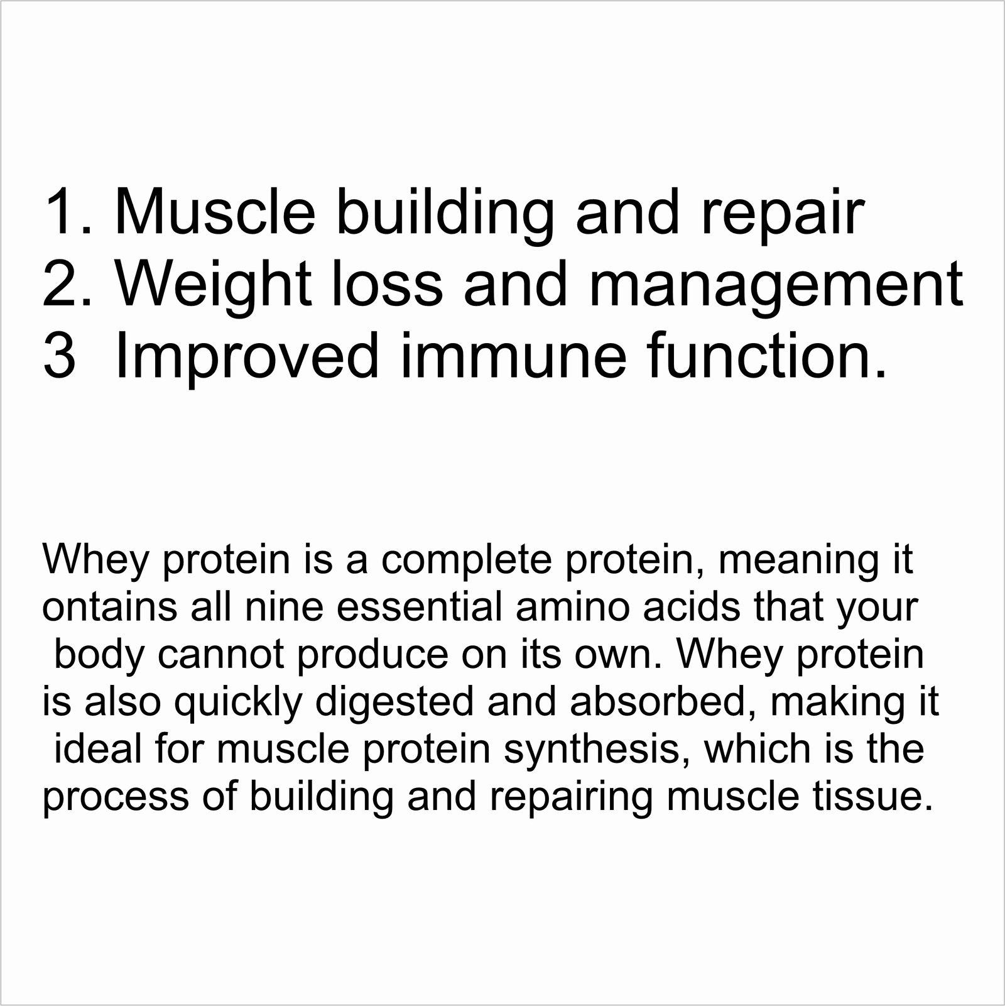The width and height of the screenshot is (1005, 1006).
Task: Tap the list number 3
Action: point(60,356)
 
